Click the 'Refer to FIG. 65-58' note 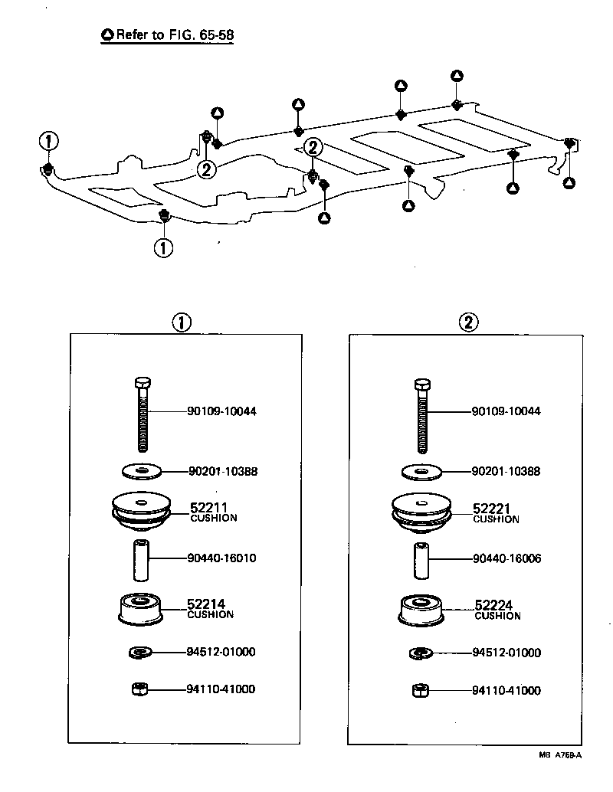coord(168,35)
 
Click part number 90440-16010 coord(221,558)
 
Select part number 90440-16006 coord(506,559)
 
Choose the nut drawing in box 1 coord(139,689)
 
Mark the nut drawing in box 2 coord(419,690)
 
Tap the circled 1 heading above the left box coord(182,322)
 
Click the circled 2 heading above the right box coord(467,322)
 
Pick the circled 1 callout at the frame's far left coord(48,142)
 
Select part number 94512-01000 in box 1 coord(221,653)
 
